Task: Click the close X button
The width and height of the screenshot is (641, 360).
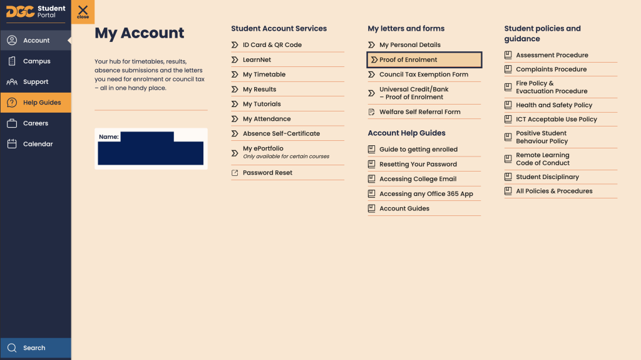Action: pos(83,11)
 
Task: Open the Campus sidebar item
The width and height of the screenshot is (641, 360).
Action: pos(36,61)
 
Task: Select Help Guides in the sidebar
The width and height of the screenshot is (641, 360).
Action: pos(41,103)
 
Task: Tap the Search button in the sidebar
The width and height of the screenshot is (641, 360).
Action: pos(34,348)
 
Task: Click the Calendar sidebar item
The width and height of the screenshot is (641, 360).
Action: pos(38,144)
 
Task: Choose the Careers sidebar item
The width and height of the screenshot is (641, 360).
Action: pos(35,123)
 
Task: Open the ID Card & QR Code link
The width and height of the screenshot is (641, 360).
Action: pos(272,45)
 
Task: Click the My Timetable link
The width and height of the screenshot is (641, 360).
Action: pos(264,75)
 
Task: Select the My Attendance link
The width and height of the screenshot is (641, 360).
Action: pos(266,119)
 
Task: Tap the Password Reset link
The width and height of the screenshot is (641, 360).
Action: pos(267,173)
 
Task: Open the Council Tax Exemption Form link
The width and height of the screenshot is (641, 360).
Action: pos(423,75)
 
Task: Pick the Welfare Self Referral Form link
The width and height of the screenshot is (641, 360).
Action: pos(419,112)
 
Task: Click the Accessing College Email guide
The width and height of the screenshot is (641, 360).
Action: pos(418,179)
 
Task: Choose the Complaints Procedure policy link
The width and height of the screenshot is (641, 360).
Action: pos(551,69)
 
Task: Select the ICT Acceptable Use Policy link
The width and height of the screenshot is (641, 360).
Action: pos(556,120)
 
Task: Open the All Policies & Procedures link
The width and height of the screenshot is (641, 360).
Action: pos(553,192)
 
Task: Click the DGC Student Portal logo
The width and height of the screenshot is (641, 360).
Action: pos(36,11)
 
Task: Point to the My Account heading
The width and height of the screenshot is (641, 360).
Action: pos(139,33)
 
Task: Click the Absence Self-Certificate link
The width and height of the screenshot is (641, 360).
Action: pos(281,134)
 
